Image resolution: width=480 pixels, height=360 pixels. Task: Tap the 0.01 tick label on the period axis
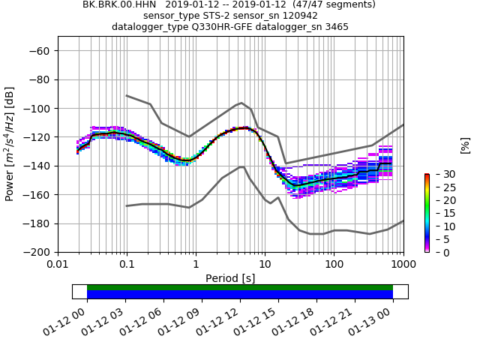[x=58, y=265]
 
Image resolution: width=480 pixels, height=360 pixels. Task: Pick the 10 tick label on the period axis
[x=265, y=265]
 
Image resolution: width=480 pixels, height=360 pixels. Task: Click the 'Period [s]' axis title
[x=230, y=278]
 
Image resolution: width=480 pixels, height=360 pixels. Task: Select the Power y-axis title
[x=10, y=144]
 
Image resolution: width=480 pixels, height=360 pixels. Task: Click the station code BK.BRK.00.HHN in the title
[x=118, y=4]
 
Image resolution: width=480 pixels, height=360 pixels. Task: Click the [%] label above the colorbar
[x=465, y=145]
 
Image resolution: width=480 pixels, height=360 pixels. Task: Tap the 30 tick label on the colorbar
[x=441, y=174]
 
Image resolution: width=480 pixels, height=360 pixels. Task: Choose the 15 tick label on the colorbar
[x=441, y=213]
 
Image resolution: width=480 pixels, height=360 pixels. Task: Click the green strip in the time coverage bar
[x=240, y=287]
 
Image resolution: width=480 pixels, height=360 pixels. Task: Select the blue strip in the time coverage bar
[x=240, y=294]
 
